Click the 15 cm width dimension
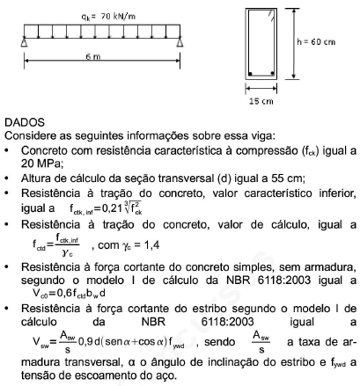(x=258, y=101)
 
